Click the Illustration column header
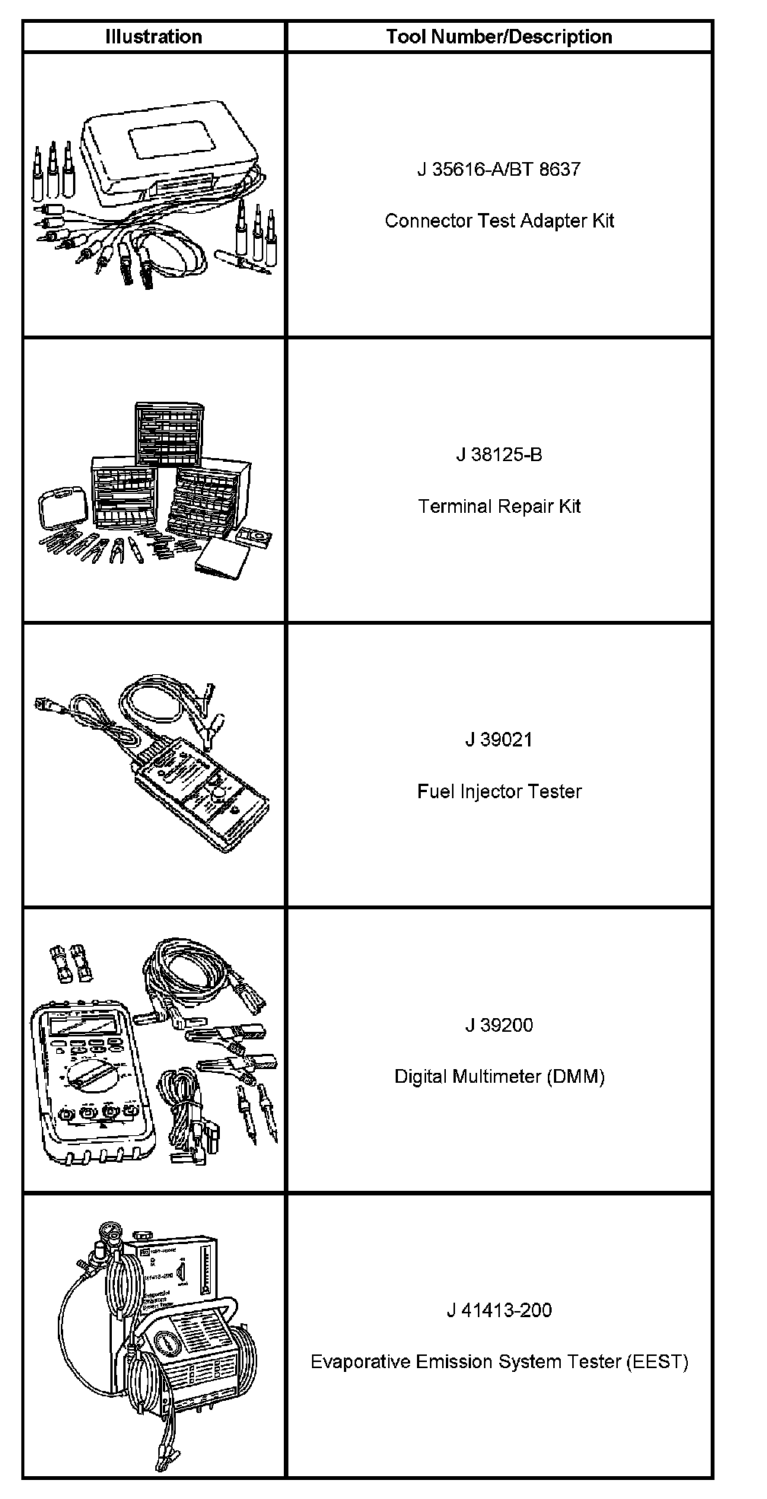click(153, 37)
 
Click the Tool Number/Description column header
click(498, 37)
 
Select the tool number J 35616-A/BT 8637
click(498, 169)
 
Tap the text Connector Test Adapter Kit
click(498, 221)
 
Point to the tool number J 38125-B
click(498, 455)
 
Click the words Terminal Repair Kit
click(498, 506)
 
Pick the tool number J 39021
click(498, 740)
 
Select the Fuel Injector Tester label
click(498, 791)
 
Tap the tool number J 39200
click(498, 1025)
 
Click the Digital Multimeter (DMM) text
click(498, 1077)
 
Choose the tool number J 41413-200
click(498, 1310)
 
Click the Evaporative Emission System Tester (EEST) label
click(498, 1361)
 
